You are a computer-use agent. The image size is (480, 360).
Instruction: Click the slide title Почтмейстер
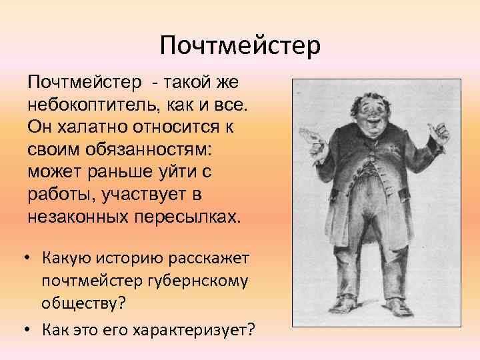240,45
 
